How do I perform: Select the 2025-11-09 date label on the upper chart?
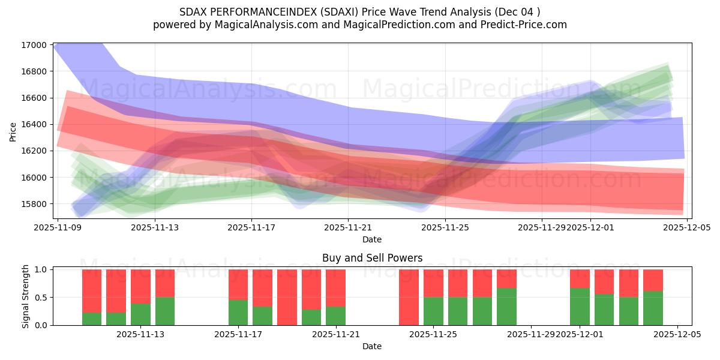point(58,228)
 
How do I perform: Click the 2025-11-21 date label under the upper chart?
point(349,228)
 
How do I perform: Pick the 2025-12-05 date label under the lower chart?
point(677,334)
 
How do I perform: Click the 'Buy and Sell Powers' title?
point(372,258)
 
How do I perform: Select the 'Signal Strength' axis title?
point(25,297)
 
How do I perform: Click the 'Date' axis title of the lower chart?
point(372,346)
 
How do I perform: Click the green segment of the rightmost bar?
point(653,308)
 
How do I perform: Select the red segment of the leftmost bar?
point(92,291)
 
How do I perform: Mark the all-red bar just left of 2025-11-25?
point(409,297)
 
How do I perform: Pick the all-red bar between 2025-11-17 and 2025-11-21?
point(287,297)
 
